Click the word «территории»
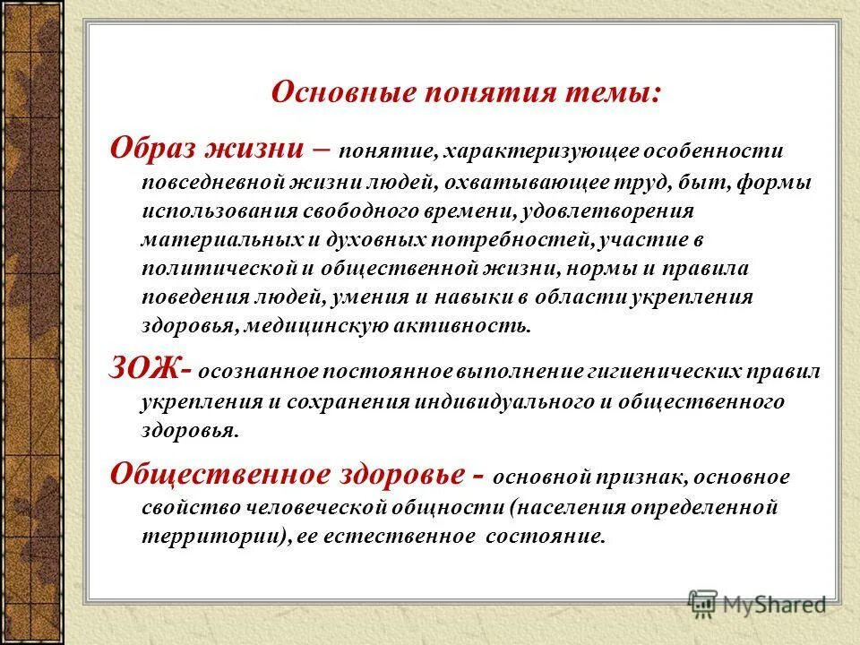point(199,537)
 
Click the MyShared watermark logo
point(757,604)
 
